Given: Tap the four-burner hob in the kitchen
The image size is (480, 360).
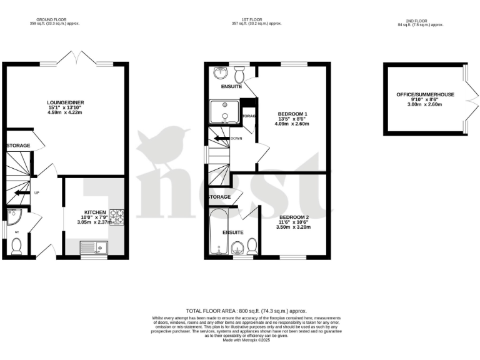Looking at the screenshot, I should pyautogui.click(x=117, y=217).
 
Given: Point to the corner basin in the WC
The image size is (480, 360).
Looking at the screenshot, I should pyautogui.click(x=14, y=216).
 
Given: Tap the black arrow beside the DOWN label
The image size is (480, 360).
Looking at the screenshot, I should pyautogui.click(x=220, y=138).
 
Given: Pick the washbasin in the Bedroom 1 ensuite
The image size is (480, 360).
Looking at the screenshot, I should pyautogui.click(x=219, y=72).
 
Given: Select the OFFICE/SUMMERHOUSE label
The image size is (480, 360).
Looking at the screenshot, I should pyautogui.click(x=425, y=94).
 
